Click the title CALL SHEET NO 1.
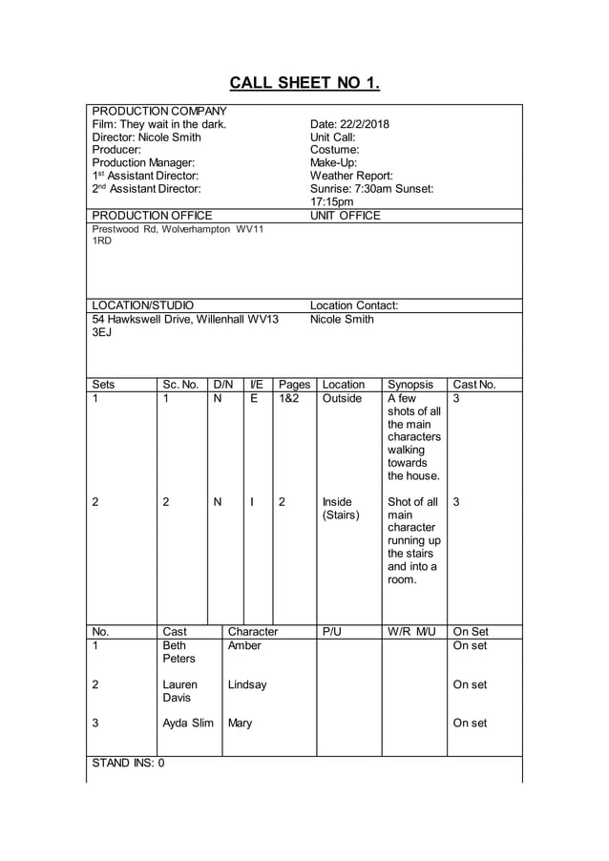(304, 83)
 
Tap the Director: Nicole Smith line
(146, 137)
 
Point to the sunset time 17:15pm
(332, 202)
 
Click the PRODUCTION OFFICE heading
(152, 216)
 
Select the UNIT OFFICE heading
(346, 216)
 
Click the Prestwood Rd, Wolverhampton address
(178, 229)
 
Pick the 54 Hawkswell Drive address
(185, 320)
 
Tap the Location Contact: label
(354, 306)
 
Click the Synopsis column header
(410, 385)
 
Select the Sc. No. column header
(180, 385)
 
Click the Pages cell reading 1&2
(288, 399)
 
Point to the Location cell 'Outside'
(342, 399)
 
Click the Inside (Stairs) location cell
(341, 509)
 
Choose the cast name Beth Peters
(179, 652)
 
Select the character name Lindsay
(247, 684)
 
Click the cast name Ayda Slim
(188, 723)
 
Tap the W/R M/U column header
(411, 632)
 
